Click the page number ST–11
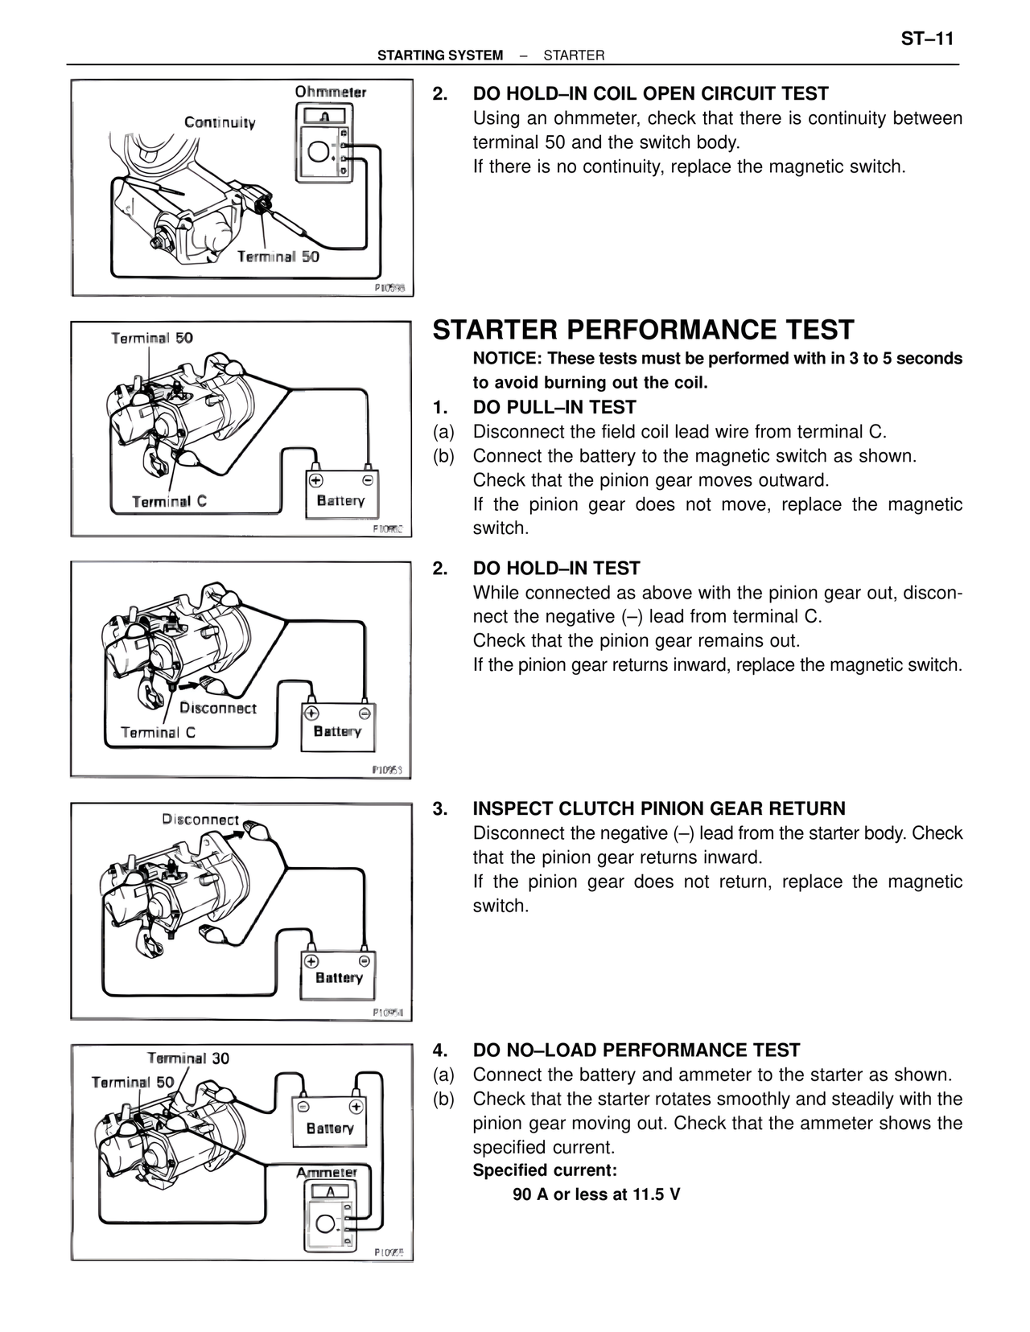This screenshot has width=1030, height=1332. [x=927, y=39]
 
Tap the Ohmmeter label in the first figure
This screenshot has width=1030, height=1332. [x=330, y=92]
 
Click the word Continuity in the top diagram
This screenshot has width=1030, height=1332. [x=220, y=122]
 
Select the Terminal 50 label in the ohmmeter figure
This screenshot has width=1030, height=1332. [x=278, y=256]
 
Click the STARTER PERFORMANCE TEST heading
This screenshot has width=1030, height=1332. [x=643, y=330]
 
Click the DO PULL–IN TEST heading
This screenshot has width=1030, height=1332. [x=554, y=407]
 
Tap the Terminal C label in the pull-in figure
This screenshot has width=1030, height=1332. [x=169, y=501]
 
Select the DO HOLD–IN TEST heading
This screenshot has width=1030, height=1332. [x=556, y=568]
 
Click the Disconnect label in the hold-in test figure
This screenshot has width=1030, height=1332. [x=217, y=708]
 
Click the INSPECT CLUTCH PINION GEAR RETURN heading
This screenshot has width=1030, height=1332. [x=658, y=808]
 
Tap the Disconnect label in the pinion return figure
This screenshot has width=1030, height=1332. [x=200, y=819]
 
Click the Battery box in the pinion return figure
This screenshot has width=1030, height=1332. [x=339, y=975]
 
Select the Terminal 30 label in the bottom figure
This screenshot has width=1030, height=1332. [x=187, y=1058]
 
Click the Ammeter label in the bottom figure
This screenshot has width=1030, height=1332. [x=326, y=1172]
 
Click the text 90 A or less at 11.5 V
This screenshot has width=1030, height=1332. [x=596, y=1194]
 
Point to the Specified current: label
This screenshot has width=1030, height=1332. [x=545, y=1170]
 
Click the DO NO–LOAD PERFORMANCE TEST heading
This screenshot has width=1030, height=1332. [x=636, y=1050]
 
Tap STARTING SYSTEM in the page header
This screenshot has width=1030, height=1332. [x=440, y=55]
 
